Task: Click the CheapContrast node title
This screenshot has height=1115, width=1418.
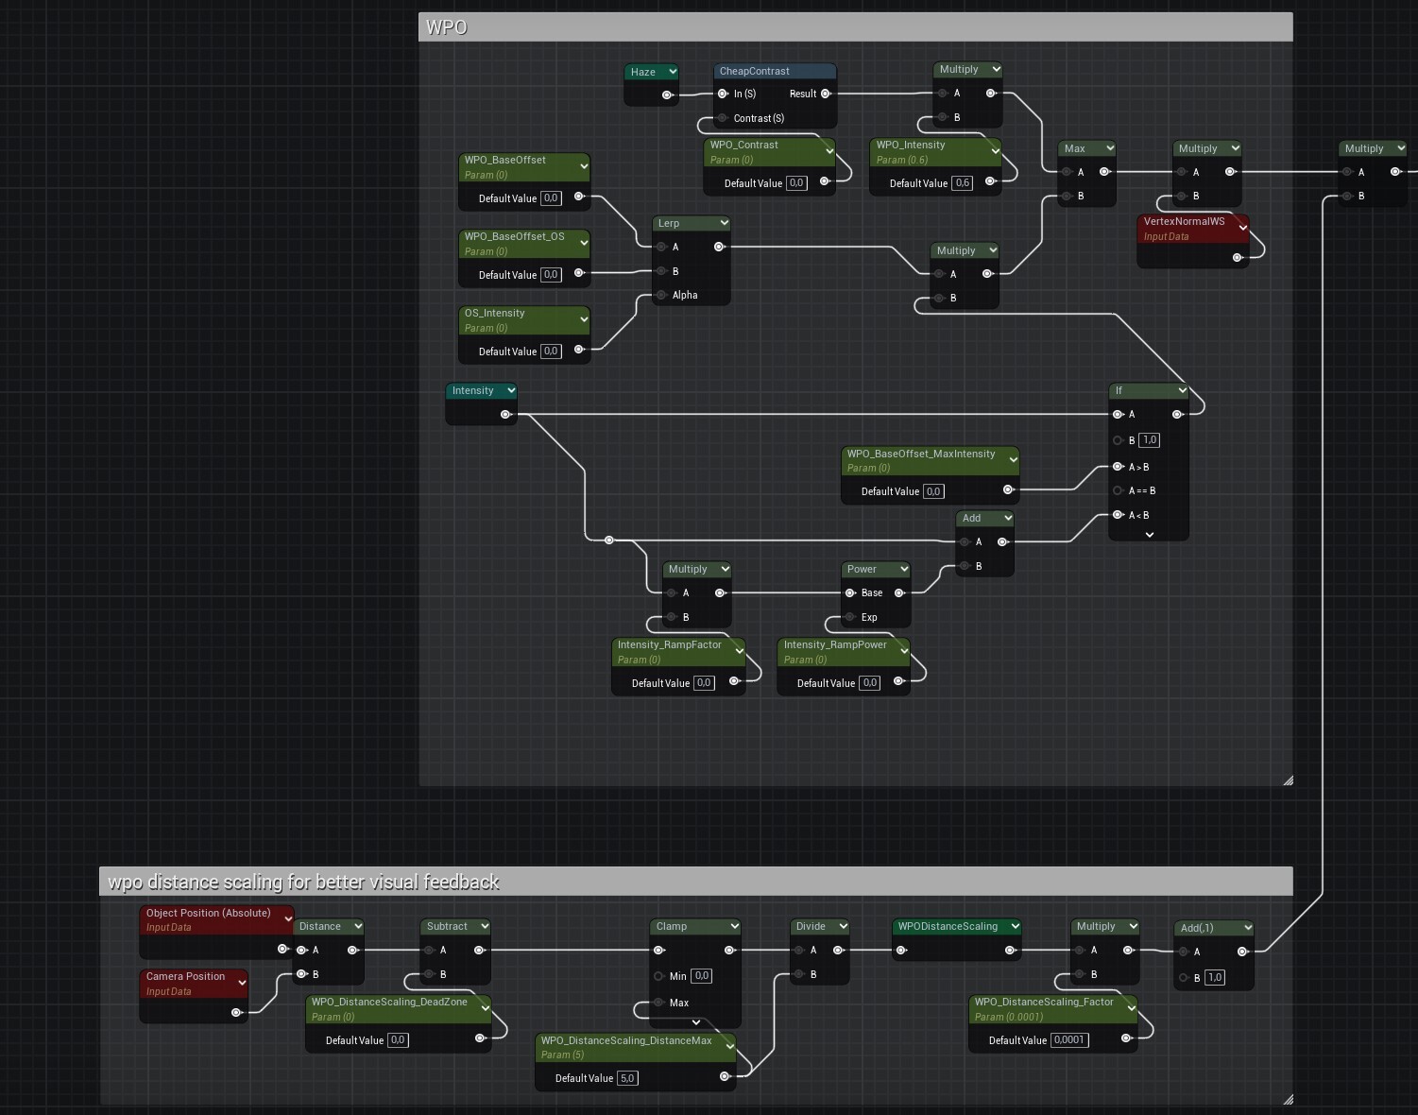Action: (754, 71)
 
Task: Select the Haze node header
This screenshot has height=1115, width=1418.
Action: (643, 72)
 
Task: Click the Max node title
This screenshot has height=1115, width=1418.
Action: (1075, 148)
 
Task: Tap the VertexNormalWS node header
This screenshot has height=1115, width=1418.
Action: (1184, 222)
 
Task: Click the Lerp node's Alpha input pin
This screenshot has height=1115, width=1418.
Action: (662, 296)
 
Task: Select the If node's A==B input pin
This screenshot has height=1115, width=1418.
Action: (1119, 490)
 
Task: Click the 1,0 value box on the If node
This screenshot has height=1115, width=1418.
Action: (1149, 440)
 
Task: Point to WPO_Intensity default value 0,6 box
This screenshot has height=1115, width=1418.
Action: (962, 183)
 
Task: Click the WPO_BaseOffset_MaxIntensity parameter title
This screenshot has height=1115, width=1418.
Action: (920, 454)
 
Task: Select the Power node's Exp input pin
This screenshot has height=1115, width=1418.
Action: (850, 617)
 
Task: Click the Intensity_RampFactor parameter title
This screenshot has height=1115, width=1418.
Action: (669, 644)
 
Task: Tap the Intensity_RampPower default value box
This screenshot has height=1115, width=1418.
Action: (869, 683)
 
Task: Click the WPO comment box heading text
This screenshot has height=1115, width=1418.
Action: (446, 27)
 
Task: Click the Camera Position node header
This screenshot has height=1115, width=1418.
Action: (185, 977)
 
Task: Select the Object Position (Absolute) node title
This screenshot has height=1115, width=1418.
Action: (208, 913)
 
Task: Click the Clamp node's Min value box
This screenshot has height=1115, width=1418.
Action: (701, 976)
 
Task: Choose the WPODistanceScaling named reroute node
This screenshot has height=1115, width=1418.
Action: (948, 927)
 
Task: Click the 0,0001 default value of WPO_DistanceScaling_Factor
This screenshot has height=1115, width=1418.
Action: (1069, 1040)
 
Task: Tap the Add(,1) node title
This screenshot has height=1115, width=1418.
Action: (1197, 928)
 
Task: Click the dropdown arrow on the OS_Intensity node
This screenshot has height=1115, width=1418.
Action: (584, 319)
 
